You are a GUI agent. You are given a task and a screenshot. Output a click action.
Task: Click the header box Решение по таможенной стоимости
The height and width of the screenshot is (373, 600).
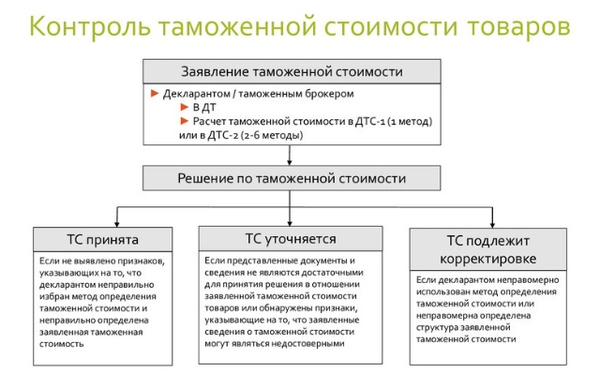[292, 178]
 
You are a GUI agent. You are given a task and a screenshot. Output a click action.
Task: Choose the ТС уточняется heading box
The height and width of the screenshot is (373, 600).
[292, 238]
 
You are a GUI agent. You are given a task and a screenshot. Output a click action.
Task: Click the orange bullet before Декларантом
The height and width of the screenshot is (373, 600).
[155, 95]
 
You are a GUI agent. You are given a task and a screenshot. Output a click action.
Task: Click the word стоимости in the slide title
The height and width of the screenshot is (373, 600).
[354, 25]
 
